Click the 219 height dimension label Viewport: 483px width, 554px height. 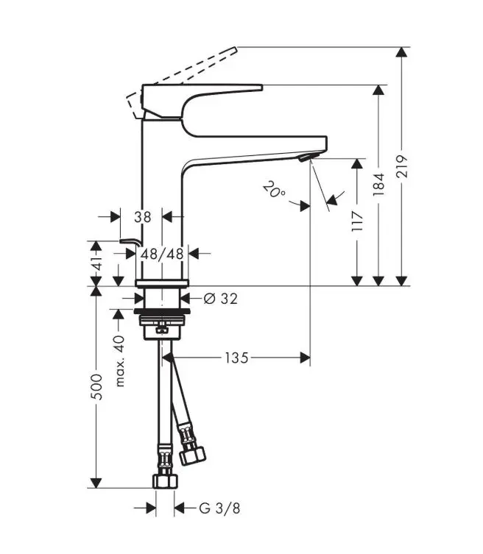tap(402, 166)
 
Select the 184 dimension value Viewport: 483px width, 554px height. tap(378, 184)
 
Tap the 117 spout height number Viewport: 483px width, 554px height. tap(358, 221)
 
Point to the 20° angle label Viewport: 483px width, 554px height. tap(274, 190)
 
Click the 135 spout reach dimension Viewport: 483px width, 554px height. tap(236, 358)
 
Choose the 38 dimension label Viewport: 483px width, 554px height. tap(143, 217)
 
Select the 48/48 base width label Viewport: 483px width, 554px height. tap(162, 254)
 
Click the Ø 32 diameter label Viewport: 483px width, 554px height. tap(221, 299)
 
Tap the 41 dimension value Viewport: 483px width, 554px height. tap(96, 263)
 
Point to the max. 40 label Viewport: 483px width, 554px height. tap(120, 361)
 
